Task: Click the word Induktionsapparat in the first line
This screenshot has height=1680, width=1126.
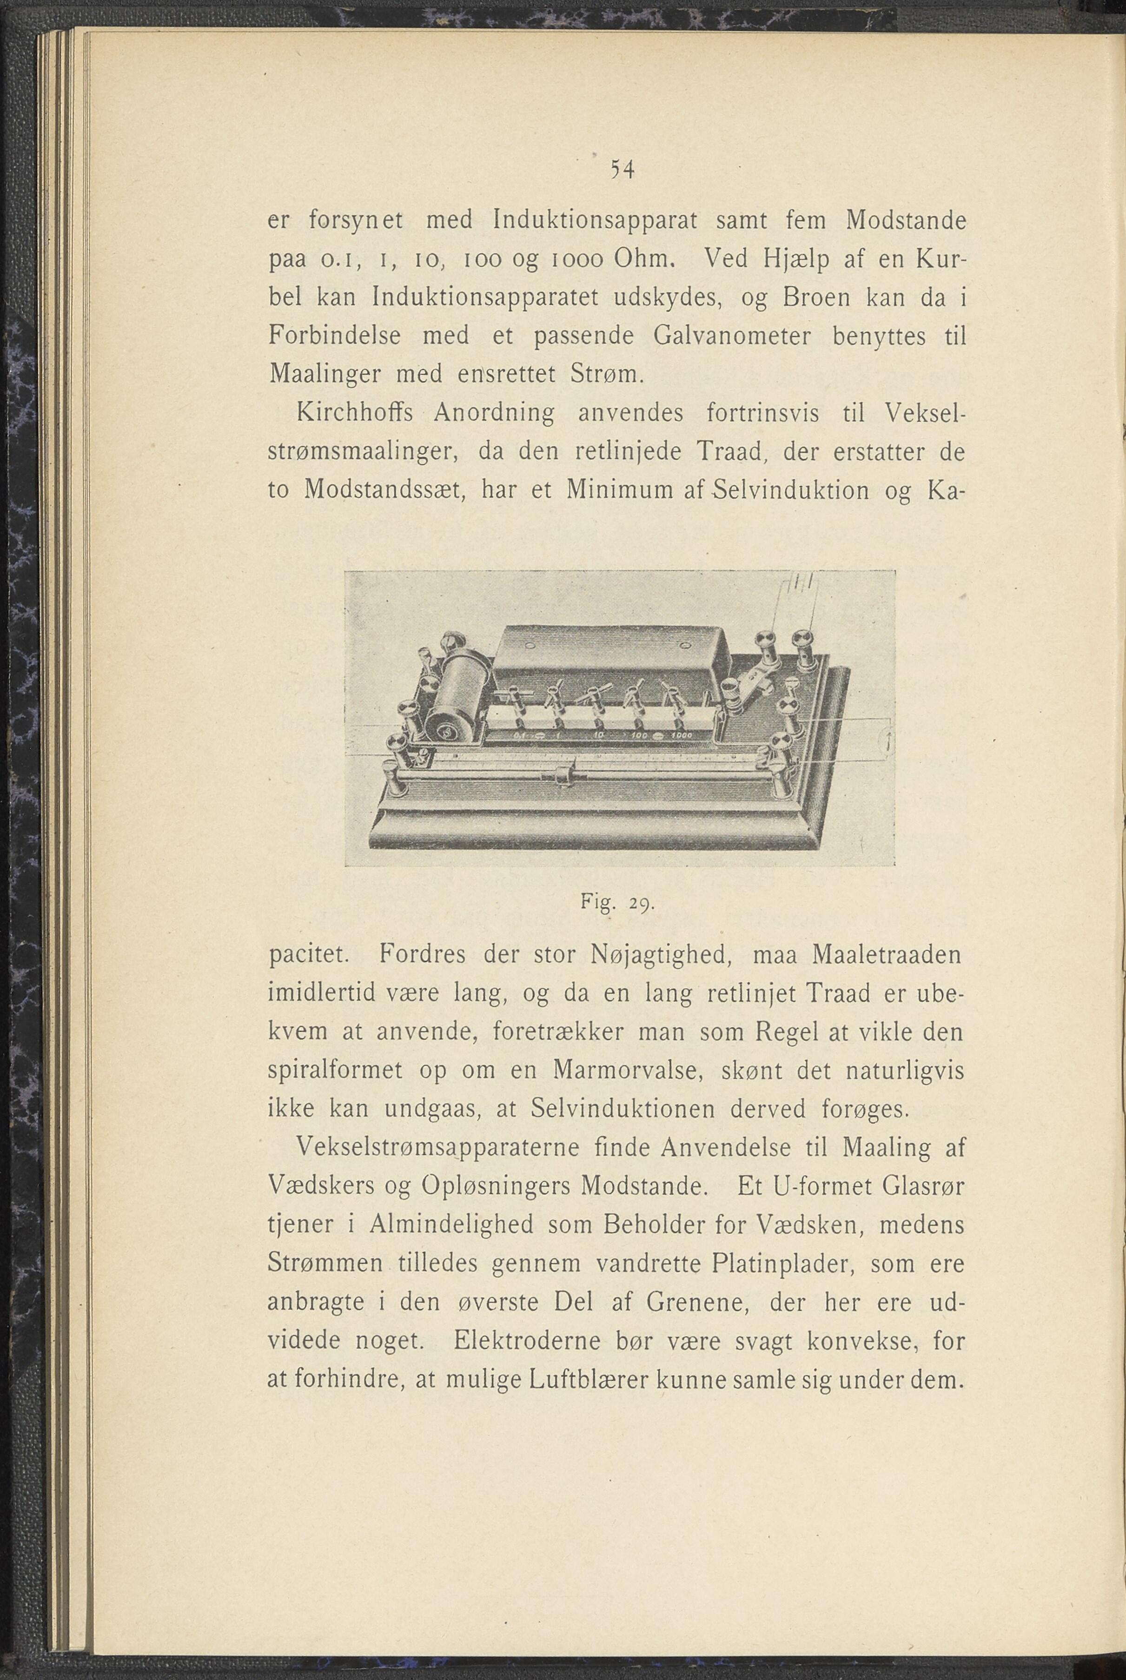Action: [x=596, y=220]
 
